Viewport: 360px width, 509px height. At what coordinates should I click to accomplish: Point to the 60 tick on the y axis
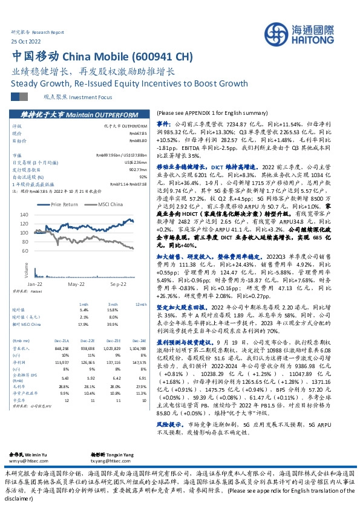pyautogui.click(x=41, y=250)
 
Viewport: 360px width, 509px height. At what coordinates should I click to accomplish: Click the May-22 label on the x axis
pyautogui.click(x=76, y=284)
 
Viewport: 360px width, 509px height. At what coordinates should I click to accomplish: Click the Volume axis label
pyautogui.click(x=27, y=266)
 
